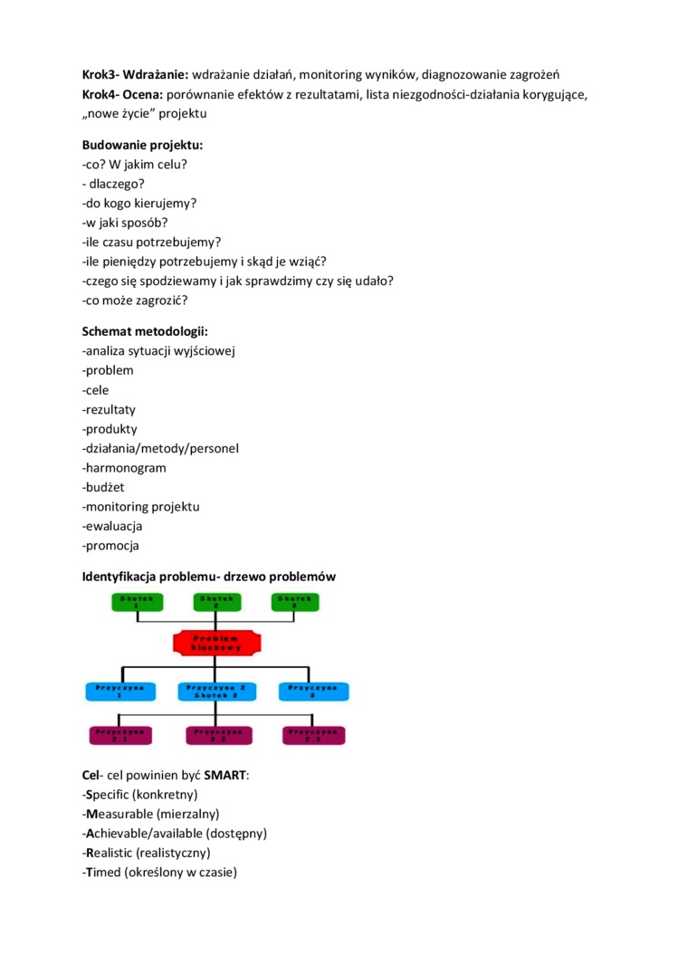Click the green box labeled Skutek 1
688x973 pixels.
pyautogui.click(x=137, y=601)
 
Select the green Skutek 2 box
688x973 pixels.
pyautogui.click(x=216, y=601)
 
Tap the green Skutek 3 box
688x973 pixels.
pyautogui.click(x=295, y=601)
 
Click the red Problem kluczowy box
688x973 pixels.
pyautogui.click(x=216, y=643)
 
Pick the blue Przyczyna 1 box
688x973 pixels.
pyautogui.click(x=120, y=691)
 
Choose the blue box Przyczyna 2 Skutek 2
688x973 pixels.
pyautogui.click(x=216, y=691)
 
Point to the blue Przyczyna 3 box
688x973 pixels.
pyautogui.click(x=312, y=691)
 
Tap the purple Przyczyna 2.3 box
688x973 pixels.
pyautogui.click(x=313, y=735)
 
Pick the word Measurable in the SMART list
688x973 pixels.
pyautogui.click(x=124, y=814)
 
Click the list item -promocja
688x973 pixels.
pyautogui.click(x=110, y=546)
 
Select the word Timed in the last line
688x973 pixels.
pyautogui.click(x=103, y=872)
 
